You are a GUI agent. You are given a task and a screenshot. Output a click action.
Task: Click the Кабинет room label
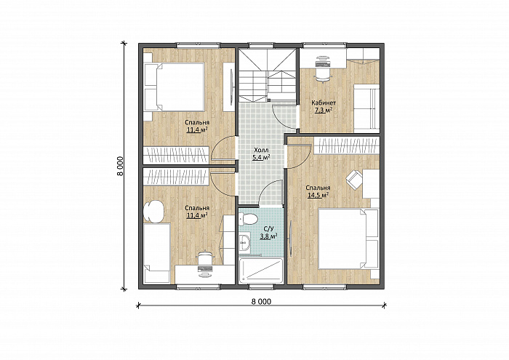[324, 103]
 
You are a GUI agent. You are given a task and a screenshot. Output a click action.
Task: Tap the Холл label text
[261, 151]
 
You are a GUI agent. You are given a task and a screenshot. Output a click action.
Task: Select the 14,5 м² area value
[318, 195]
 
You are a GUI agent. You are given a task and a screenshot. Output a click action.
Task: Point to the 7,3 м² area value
[324, 111]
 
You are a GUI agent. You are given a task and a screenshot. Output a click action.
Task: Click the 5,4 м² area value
[262, 157]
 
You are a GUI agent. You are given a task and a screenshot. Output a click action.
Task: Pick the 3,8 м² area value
[268, 236]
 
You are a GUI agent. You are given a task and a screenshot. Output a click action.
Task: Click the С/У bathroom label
[268, 229]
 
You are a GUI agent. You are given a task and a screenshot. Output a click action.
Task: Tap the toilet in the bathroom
[248, 219]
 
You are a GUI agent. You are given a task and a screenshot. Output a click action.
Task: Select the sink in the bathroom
[244, 241]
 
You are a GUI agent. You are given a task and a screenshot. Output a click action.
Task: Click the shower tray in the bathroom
[261, 271]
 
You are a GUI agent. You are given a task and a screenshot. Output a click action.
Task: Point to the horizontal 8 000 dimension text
[261, 301]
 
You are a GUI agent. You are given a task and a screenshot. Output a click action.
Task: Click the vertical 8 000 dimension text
[121, 166]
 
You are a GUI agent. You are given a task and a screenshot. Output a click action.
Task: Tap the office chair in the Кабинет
[323, 69]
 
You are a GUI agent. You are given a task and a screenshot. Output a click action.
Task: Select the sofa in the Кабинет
[366, 108]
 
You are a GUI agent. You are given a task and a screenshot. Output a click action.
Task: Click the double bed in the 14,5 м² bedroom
[348, 239]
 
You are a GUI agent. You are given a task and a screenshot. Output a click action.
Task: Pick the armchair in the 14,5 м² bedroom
[354, 179]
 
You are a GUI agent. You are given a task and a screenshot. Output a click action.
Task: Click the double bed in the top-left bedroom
[175, 87]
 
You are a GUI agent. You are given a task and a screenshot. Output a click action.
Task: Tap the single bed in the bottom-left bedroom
[157, 253]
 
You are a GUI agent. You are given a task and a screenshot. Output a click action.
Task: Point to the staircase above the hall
[268, 76]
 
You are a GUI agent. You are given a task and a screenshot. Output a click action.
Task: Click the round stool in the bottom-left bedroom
[154, 212]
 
